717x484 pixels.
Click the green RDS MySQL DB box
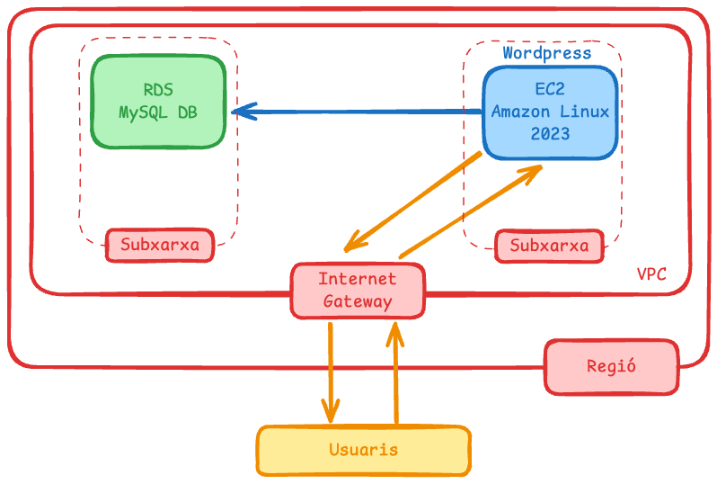158,102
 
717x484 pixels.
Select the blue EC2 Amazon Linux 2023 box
550,112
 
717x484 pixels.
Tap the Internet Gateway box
358,290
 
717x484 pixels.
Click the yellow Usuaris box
363,450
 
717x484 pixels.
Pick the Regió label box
611,366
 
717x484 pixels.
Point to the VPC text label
651,274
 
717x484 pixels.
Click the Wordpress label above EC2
546,53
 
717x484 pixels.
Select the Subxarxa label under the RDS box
160,245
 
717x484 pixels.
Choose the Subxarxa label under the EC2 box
550,246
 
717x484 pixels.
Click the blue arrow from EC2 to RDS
359,112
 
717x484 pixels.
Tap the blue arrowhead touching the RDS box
239,112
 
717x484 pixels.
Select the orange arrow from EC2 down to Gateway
413,201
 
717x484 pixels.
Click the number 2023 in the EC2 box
550,134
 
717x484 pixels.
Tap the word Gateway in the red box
358,301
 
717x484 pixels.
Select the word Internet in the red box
358,278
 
